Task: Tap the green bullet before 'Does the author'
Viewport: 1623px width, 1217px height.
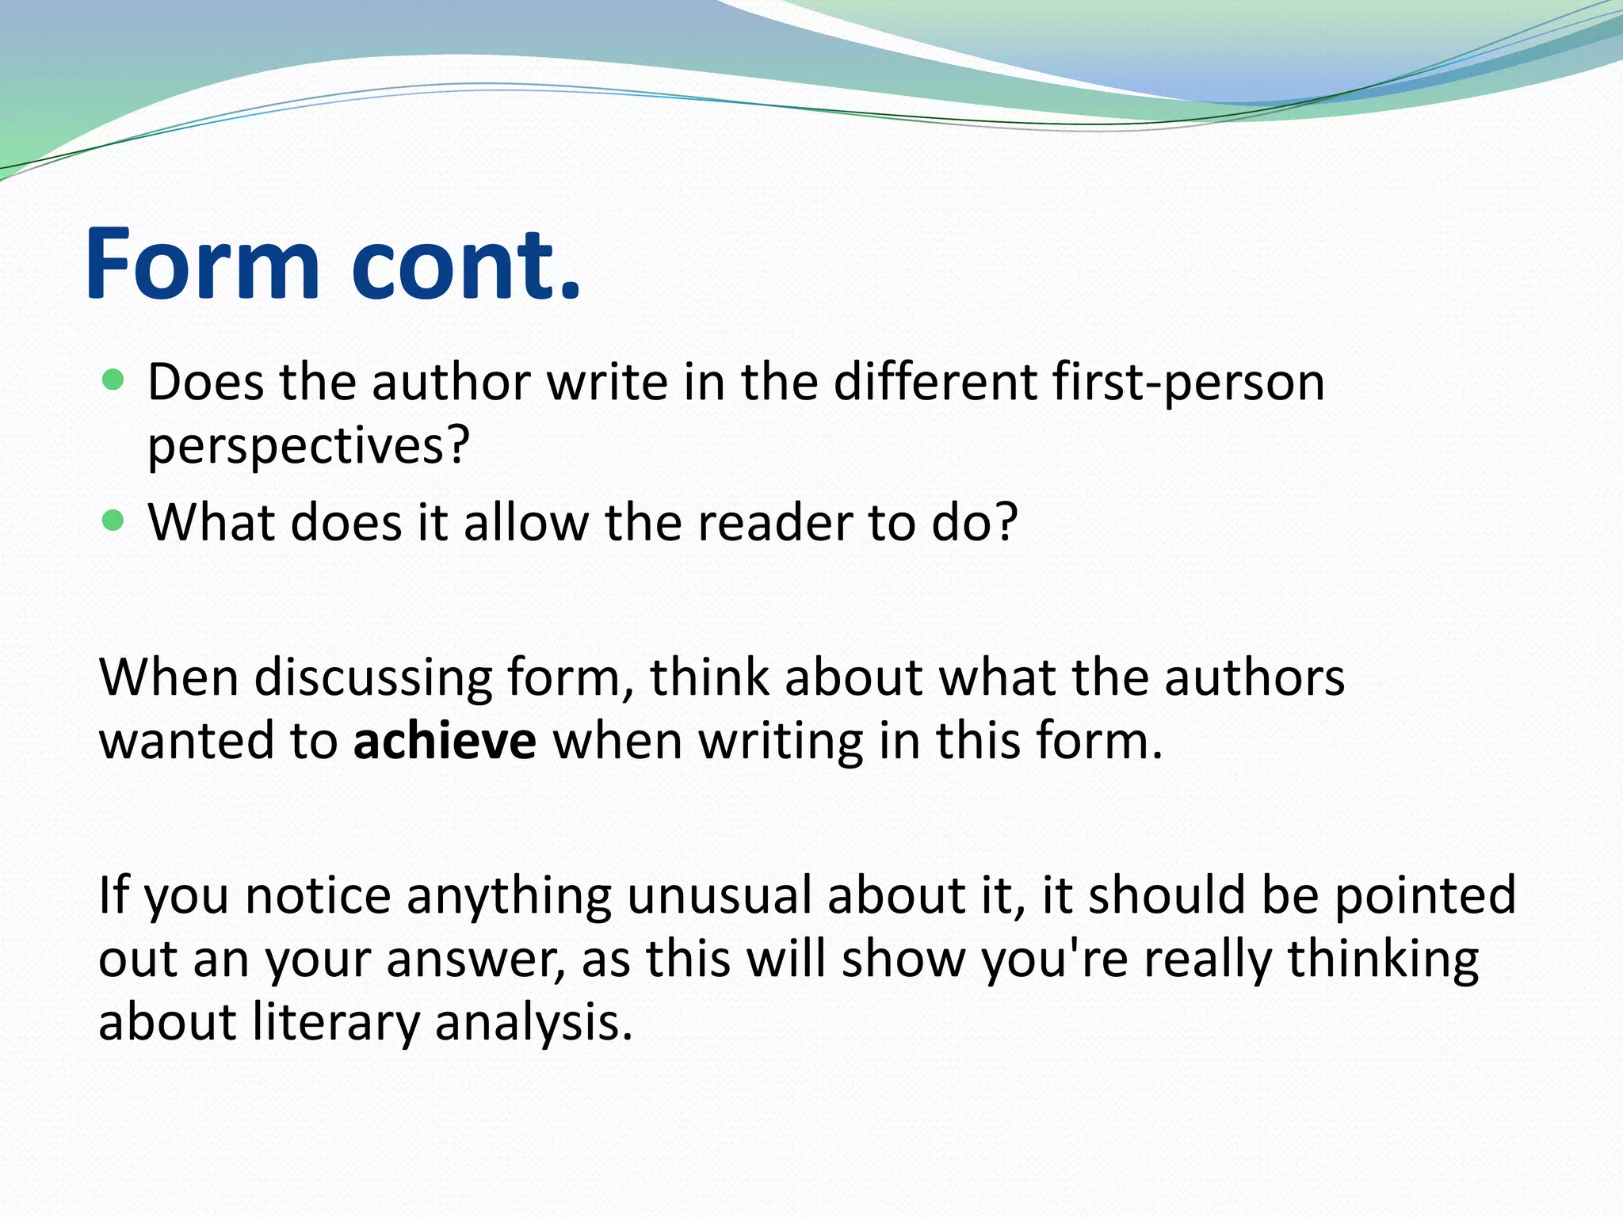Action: pos(114,380)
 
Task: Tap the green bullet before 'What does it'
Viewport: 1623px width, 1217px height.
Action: pos(114,521)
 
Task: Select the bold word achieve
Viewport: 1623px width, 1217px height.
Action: pos(445,742)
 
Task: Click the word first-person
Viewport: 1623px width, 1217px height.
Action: pos(1189,383)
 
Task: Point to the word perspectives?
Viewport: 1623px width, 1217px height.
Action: pos(309,446)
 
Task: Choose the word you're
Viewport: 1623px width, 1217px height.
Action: pos(1055,959)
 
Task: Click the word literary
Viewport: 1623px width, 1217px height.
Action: pos(336,1023)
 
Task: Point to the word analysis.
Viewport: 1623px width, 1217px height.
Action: pos(534,1023)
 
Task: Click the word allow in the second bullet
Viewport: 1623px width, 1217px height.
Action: pos(526,523)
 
